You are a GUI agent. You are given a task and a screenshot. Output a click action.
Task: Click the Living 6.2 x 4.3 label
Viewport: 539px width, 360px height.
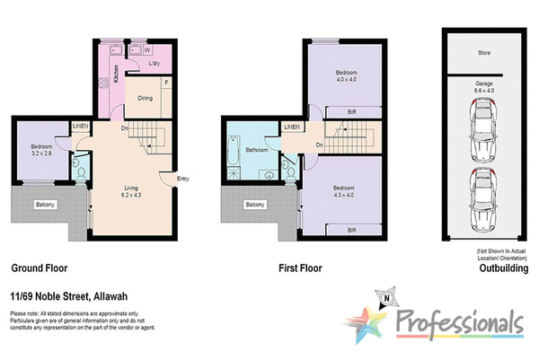coord(131,191)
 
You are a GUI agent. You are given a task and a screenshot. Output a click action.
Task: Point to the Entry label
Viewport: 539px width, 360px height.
coord(183,178)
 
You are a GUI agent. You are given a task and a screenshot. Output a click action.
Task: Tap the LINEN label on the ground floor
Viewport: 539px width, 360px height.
coord(81,127)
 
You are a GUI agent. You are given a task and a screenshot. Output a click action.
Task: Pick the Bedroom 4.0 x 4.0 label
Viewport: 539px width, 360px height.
coord(347,75)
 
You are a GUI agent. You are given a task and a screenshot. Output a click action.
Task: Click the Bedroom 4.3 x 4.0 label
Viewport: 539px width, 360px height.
coord(347,192)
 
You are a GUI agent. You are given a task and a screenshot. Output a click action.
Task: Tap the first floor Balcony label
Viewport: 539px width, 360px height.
coord(255,205)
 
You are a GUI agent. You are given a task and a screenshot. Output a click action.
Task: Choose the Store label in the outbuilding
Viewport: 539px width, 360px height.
coord(483,53)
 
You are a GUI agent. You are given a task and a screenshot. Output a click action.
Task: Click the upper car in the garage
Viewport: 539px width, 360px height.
coord(482,128)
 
